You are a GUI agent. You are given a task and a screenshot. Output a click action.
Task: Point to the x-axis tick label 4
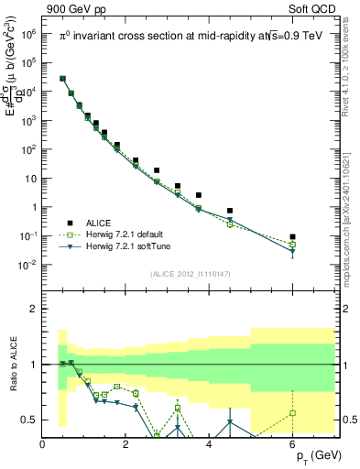point(210,445)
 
